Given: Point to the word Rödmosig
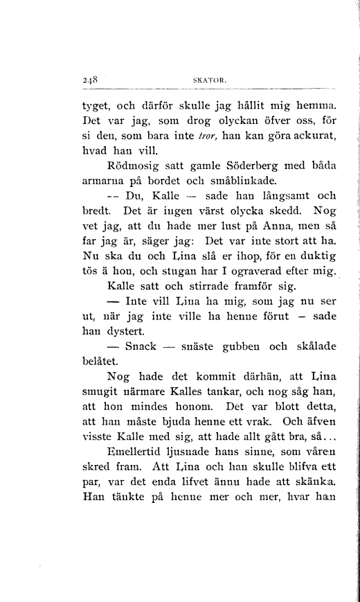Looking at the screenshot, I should (133, 167).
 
